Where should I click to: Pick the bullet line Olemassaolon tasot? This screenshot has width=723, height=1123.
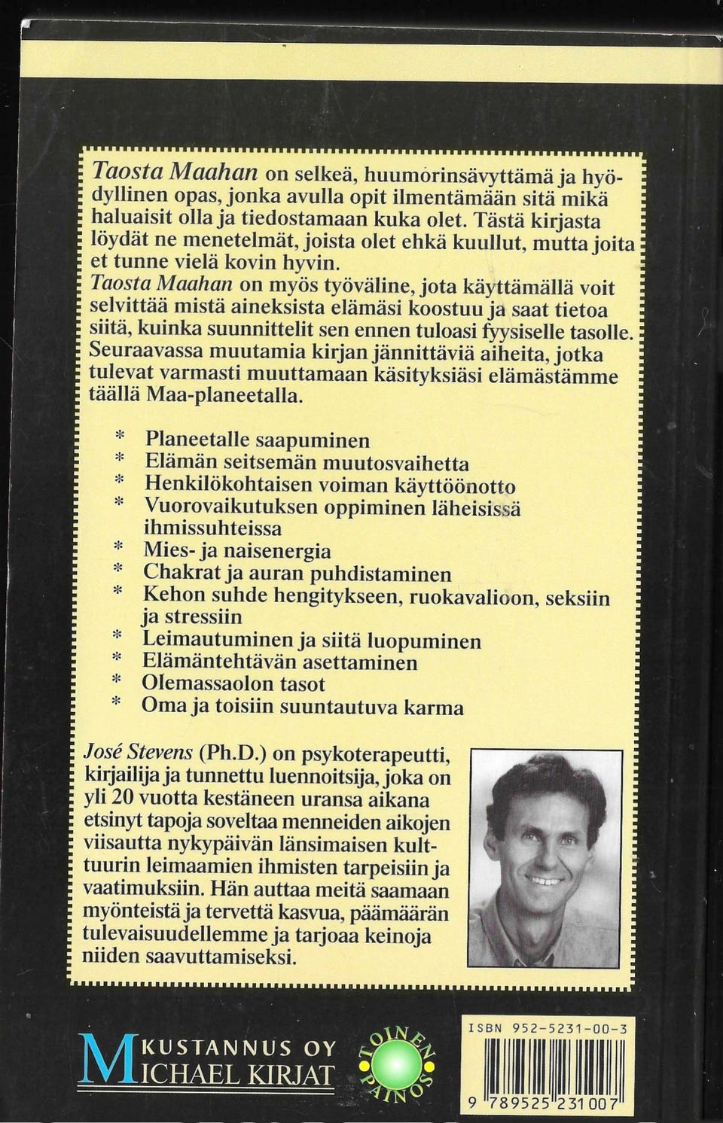pos(233,684)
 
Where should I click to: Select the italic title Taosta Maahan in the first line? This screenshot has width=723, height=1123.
pos(175,172)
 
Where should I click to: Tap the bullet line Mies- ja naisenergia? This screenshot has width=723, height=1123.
pos(237,550)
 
